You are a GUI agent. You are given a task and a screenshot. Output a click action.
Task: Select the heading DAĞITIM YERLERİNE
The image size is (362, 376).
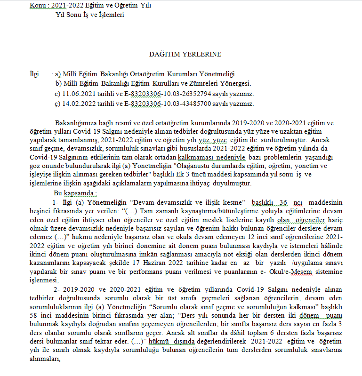185,55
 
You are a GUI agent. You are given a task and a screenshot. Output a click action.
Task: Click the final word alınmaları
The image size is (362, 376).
46,360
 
